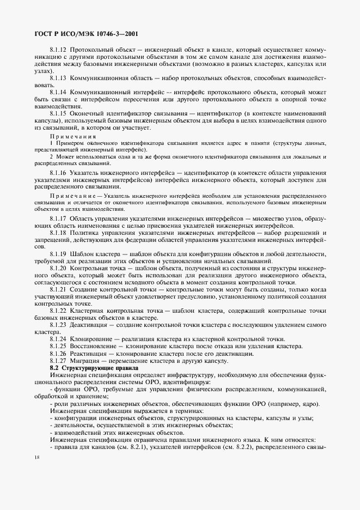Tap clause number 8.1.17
pyautogui.click(x=58, y=218)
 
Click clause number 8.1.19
pyautogui.click(x=58, y=254)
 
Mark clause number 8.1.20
pyautogui.click(x=58, y=268)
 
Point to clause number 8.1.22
pyautogui.click(x=58, y=311)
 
